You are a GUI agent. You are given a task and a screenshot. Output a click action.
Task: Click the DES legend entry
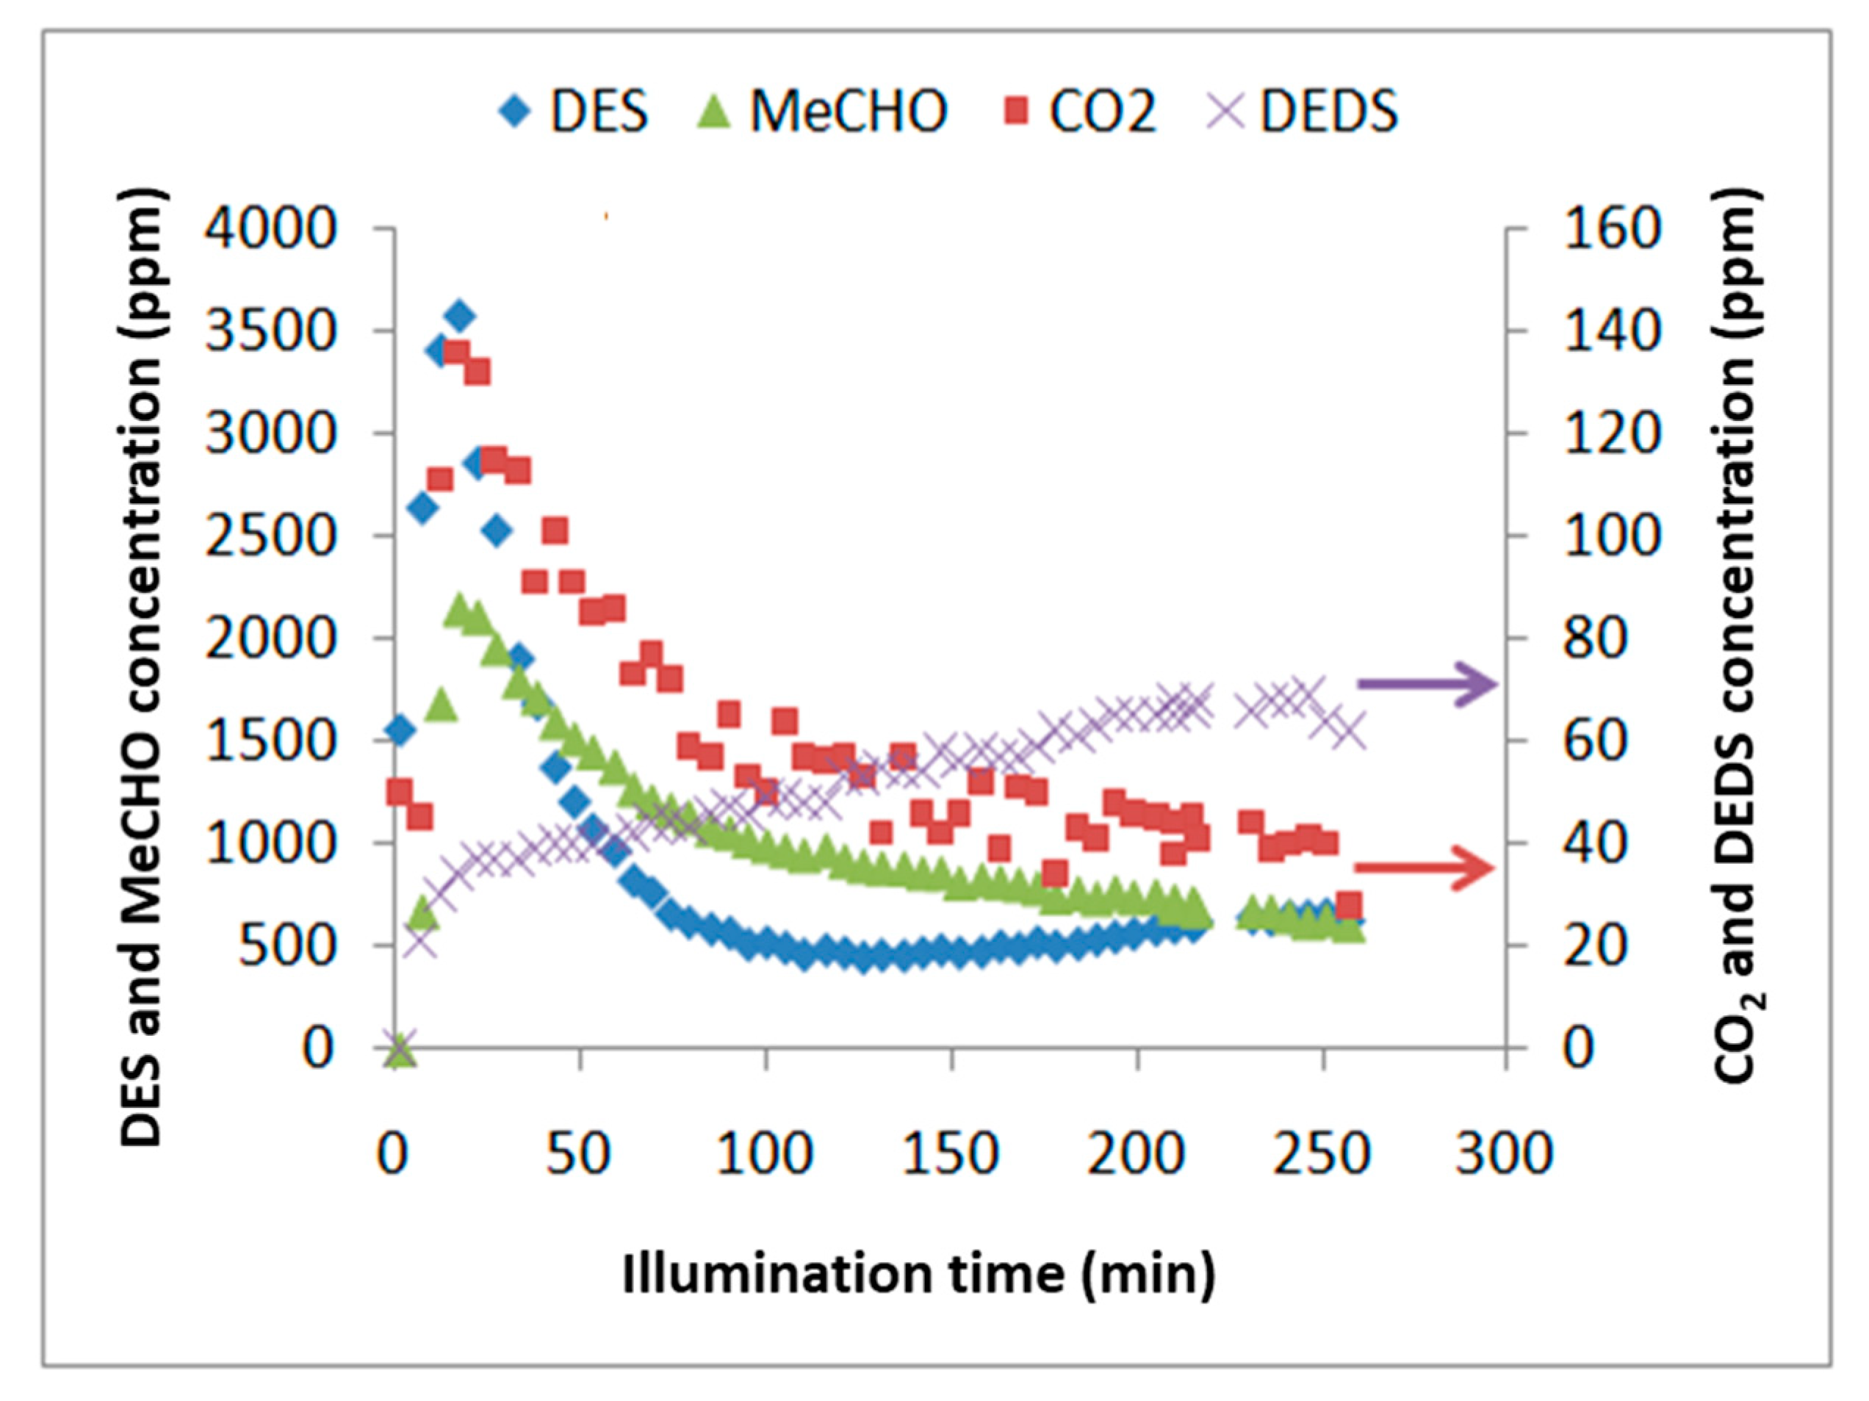coord(575,111)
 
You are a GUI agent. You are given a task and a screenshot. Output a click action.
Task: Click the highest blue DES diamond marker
coord(458,316)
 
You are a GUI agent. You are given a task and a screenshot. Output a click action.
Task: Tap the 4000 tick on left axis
coord(271,228)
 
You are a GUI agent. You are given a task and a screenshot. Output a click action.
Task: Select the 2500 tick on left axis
coord(271,536)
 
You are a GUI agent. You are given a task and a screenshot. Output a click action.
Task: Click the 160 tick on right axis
coord(1612,228)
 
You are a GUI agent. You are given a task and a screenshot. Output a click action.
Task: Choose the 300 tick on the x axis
coord(1504,1153)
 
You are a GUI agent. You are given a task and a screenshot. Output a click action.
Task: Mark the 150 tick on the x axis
coord(951,1153)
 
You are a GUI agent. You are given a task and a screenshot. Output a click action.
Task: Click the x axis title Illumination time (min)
coord(918,1273)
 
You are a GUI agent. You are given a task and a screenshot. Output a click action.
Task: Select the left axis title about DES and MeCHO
coord(141,668)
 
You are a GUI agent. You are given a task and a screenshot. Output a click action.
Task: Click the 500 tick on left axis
coord(287,946)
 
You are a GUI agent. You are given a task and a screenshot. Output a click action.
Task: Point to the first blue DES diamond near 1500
coord(400,730)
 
